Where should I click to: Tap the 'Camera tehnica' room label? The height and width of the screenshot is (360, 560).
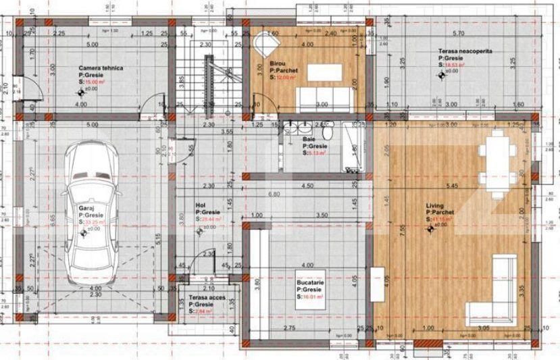(x=98, y=68)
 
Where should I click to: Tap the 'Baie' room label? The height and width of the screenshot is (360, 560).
(x=309, y=140)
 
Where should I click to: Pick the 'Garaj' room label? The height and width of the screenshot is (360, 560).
(x=85, y=209)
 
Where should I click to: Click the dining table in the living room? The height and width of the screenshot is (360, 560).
(x=501, y=165)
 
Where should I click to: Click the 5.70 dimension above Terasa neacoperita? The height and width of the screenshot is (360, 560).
(x=458, y=32)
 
